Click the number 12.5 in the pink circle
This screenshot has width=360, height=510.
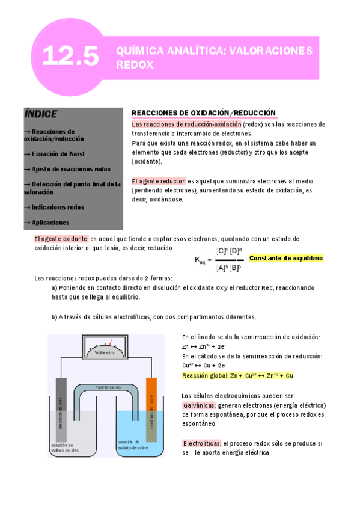(71, 57)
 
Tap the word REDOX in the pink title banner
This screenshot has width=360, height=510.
(135, 64)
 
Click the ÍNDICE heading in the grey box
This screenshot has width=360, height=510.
(41, 114)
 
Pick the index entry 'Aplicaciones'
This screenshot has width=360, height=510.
(53, 222)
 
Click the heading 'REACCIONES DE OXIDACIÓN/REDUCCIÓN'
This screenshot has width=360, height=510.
(203, 113)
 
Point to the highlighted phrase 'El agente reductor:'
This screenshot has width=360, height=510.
(159, 181)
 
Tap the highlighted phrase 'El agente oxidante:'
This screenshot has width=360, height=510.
(61, 239)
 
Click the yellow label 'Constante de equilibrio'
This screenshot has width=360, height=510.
(285, 258)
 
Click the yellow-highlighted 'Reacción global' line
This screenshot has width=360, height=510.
(237, 375)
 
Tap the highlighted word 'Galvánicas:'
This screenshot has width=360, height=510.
(198, 405)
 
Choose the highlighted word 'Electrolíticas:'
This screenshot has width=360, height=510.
(201, 443)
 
